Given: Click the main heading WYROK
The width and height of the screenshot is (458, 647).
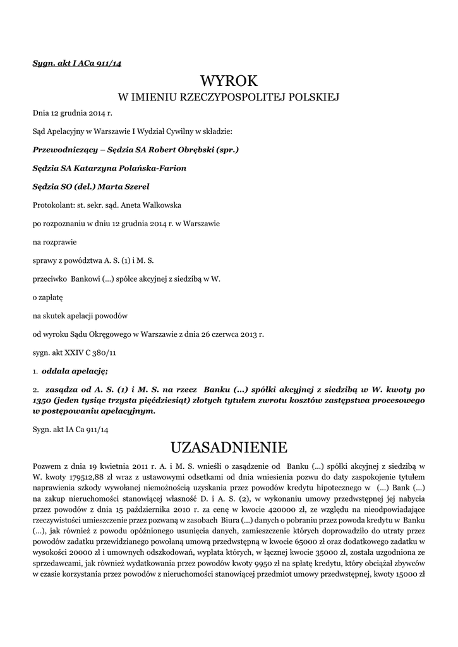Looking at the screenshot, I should [x=229, y=81].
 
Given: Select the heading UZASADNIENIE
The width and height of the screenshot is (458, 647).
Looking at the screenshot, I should [x=229, y=447].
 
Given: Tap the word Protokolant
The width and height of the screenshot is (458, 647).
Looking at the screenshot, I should [x=53, y=205].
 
